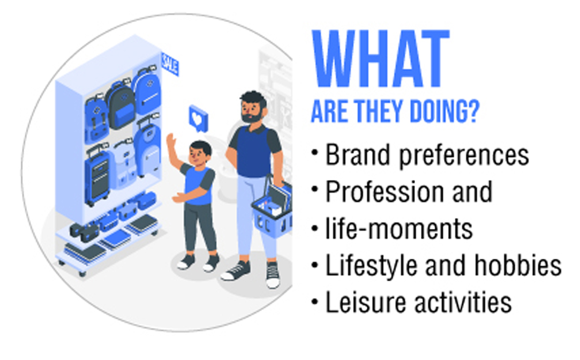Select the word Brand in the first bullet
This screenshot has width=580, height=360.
click(357, 155)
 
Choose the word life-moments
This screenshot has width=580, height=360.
click(399, 229)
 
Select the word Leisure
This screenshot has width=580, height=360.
click(366, 302)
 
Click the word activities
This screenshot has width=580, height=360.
click(463, 302)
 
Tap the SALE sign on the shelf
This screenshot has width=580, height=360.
click(170, 64)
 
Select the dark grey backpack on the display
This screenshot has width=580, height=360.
click(120, 106)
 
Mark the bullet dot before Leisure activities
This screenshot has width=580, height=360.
click(315, 302)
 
